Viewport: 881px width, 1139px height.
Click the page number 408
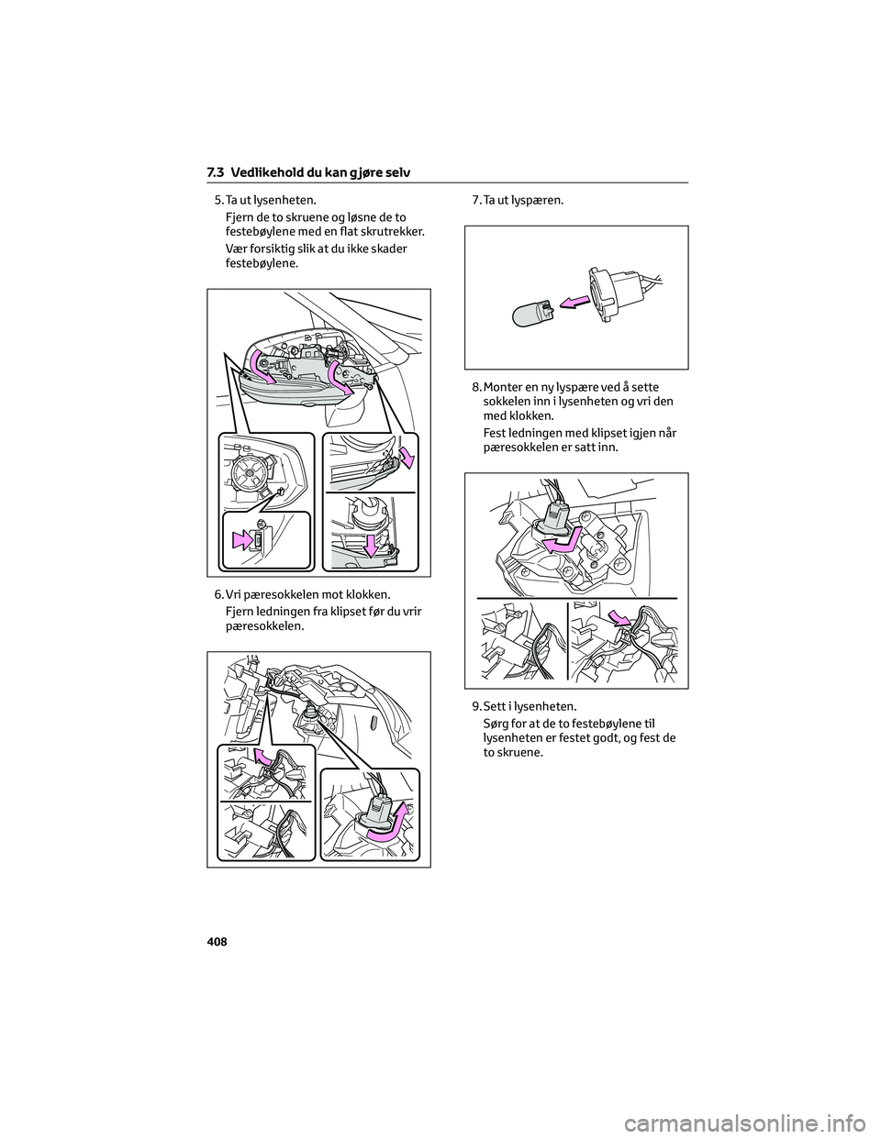[x=217, y=942]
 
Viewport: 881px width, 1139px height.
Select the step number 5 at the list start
[x=217, y=200]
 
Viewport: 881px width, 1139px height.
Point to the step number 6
[x=217, y=594]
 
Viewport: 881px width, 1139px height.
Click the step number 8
[x=475, y=387]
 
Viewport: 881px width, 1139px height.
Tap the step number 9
[x=475, y=706]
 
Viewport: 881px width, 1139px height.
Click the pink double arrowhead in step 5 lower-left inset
[x=242, y=540]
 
